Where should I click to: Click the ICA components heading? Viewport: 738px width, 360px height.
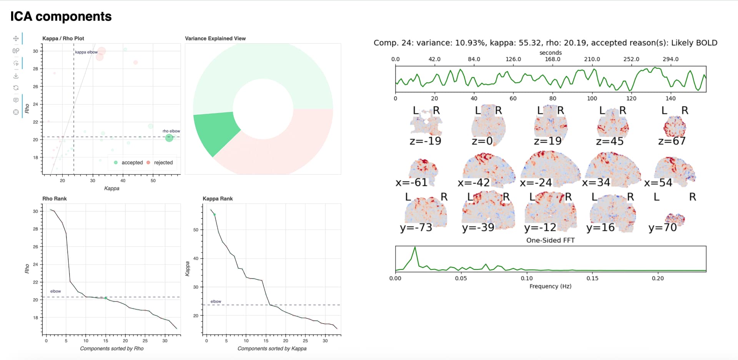[x=61, y=17]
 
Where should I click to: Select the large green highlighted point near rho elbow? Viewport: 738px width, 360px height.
[x=169, y=138]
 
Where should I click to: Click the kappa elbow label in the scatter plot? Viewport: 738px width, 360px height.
[x=86, y=52]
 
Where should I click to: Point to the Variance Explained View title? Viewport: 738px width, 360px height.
[x=215, y=38]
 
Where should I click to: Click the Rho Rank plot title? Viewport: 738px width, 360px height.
[x=54, y=199]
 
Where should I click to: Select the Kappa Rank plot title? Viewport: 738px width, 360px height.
[x=218, y=199]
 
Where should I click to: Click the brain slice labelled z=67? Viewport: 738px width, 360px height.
[x=675, y=127]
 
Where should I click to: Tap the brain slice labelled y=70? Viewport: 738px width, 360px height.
[x=675, y=219]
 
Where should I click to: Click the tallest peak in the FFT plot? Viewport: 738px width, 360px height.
[x=415, y=248]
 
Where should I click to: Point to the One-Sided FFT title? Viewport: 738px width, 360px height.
[x=550, y=240]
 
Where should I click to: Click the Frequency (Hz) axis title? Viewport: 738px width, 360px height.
[x=550, y=286]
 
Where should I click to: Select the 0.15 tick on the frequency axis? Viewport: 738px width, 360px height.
[x=592, y=278]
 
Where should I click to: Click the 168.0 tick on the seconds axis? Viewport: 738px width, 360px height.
[x=552, y=59]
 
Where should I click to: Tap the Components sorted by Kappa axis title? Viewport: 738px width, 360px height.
[x=272, y=348]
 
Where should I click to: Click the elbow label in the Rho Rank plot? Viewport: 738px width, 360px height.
[x=55, y=291]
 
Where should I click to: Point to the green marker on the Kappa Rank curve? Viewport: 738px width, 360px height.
[x=214, y=214]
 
